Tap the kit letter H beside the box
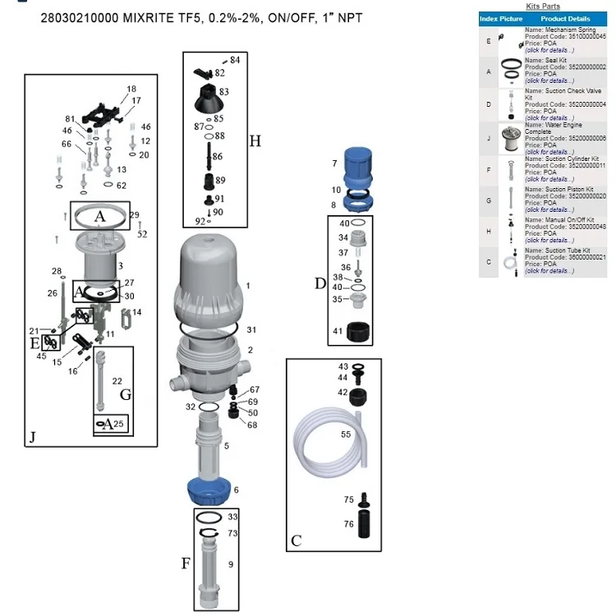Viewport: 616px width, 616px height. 255,141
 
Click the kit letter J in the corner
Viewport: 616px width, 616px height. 32,437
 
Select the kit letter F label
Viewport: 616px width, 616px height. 186,563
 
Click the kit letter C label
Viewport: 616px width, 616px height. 296,540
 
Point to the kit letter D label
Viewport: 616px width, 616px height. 320,283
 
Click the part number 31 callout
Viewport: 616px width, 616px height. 252,329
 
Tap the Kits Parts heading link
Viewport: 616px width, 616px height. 542,7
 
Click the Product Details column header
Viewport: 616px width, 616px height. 565,18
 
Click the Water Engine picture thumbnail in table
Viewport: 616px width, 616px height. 511,138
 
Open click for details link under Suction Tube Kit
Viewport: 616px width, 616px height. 549,270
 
